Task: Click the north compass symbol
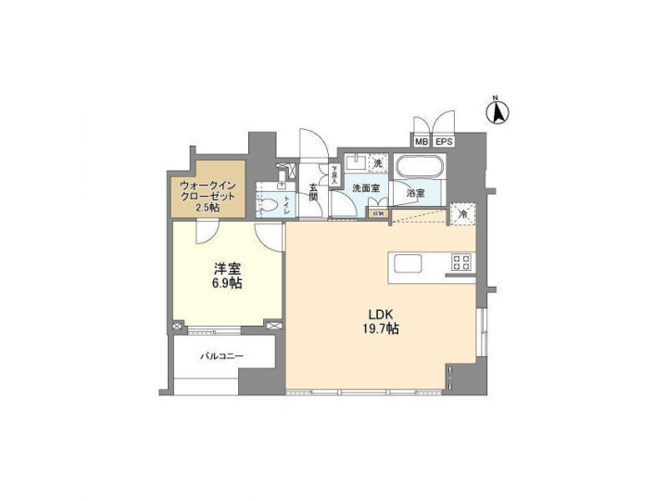point(497,112)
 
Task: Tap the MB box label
point(422,142)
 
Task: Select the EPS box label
point(444,142)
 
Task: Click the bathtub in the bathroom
point(421,171)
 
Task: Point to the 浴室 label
point(416,194)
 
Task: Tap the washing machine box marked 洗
point(377,163)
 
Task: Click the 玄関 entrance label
point(313,192)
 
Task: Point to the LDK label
point(381,312)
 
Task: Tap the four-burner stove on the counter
point(460,263)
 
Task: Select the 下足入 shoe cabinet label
point(322,173)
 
